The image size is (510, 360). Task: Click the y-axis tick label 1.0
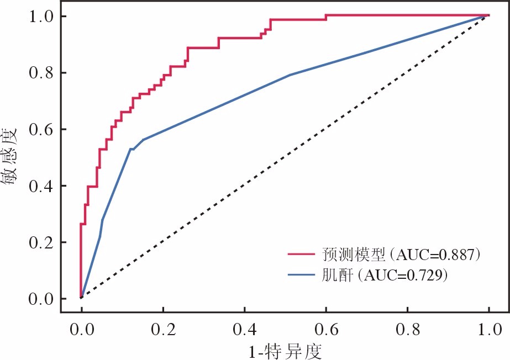[x=41, y=17]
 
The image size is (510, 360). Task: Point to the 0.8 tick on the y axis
[x=41, y=73]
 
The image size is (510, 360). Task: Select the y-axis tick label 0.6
[x=41, y=130]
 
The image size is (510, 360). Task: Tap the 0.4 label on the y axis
[x=41, y=186]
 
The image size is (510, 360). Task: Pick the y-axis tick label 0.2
[x=41, y=243]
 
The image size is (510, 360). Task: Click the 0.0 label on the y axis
[x=41, y=299]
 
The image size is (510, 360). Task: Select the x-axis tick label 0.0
[x=82, y=330]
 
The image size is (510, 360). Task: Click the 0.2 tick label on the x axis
[x=164, y=330]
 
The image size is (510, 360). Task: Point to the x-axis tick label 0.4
[x=245, y=330]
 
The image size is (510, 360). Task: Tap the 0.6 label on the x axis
[x=326, y=330]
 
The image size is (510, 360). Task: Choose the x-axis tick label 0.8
[x=408, y=330]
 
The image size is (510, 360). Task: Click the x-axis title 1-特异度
[x=285, y=352]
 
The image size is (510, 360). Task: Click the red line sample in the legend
[x=301, y=254]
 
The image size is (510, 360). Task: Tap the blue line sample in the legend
[x=301, y=275]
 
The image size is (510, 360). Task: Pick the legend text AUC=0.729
[x=403, y=276]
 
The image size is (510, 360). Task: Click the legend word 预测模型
[x=354, y=255]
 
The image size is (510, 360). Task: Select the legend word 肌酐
[x=337, y=276]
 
